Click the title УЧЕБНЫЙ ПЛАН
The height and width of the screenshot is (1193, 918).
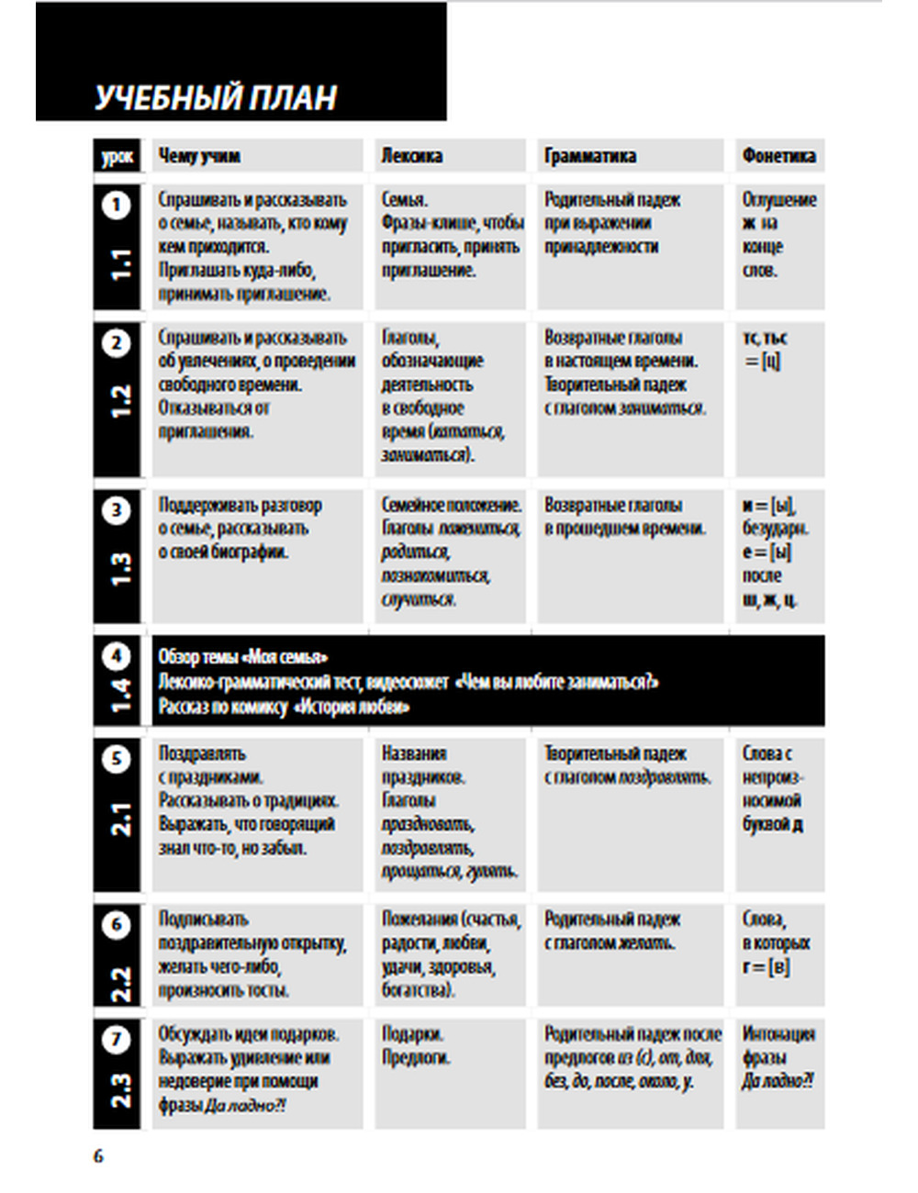(216, 97)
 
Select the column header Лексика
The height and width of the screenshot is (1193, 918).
(412, 156)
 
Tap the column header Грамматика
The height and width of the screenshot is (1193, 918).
(589, 156)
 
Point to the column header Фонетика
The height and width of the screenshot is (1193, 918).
(778, 156)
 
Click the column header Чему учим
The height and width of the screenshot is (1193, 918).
(199, 156)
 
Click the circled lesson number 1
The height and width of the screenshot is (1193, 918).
(117, 205)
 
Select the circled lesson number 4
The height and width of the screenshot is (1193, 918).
(117, 657)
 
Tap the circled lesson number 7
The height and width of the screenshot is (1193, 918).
(117, 1039)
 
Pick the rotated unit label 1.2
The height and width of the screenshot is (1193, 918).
(120, 402)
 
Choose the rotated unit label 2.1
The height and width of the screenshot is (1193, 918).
(120, 819)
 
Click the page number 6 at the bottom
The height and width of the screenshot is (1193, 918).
(98, 1156)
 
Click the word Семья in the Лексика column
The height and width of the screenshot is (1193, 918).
(404, 199)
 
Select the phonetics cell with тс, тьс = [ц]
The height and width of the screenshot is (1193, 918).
(765, 350)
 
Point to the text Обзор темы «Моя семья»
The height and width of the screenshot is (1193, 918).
(243, 657)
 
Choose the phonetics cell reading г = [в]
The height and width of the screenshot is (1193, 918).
(767, 966)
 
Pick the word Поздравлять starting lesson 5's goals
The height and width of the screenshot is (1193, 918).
(202, 753)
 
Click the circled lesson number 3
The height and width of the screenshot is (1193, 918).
(117, 510)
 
